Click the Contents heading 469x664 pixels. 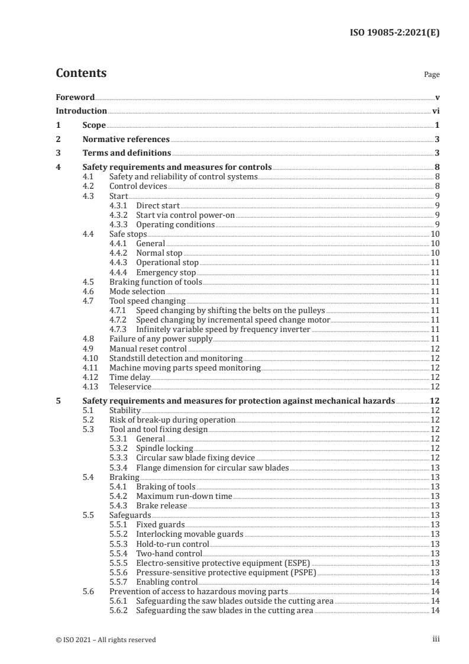tap(81, 73)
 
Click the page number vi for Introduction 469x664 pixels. tap(435, 111)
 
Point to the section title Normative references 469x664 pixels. tap(125, 140)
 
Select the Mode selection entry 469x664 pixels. tap(135, 291)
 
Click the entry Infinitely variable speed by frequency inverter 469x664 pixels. tap(223, 329)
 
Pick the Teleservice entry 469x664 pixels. tap(130, 386)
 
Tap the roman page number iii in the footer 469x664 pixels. tap(435, 639)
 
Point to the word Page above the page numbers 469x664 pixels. tap(432, 75)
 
